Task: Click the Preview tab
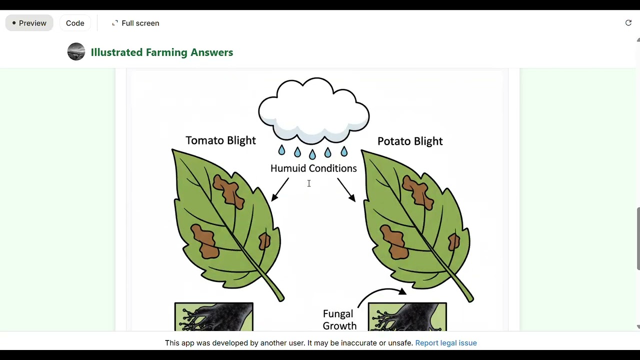[x=29, y=23]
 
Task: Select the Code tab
[x=75, y=23]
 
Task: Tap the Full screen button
[x=135, y=23]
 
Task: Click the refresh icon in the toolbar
[x=628, y=23]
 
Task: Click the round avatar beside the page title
[x=76, y=52]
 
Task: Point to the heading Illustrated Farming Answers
[x=162, y=52]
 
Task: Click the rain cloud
[x=313, y=110]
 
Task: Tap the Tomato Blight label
[x=220, y=140]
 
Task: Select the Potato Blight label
[x=410, y=141]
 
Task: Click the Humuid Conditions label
[x=313, y=168]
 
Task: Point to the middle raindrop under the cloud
[x=312, y=153]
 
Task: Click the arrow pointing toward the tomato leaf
[x=280, y=190]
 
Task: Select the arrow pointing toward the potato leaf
[x=346, y=190]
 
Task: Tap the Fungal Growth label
[x=339, y=319]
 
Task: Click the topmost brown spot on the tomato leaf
[x=228, y=190]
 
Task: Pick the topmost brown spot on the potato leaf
[x=418, y=191]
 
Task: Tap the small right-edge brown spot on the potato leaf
[x=454, y=242]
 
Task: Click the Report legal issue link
[x=445, y=343]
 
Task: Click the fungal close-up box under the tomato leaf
[x=214, y=316]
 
